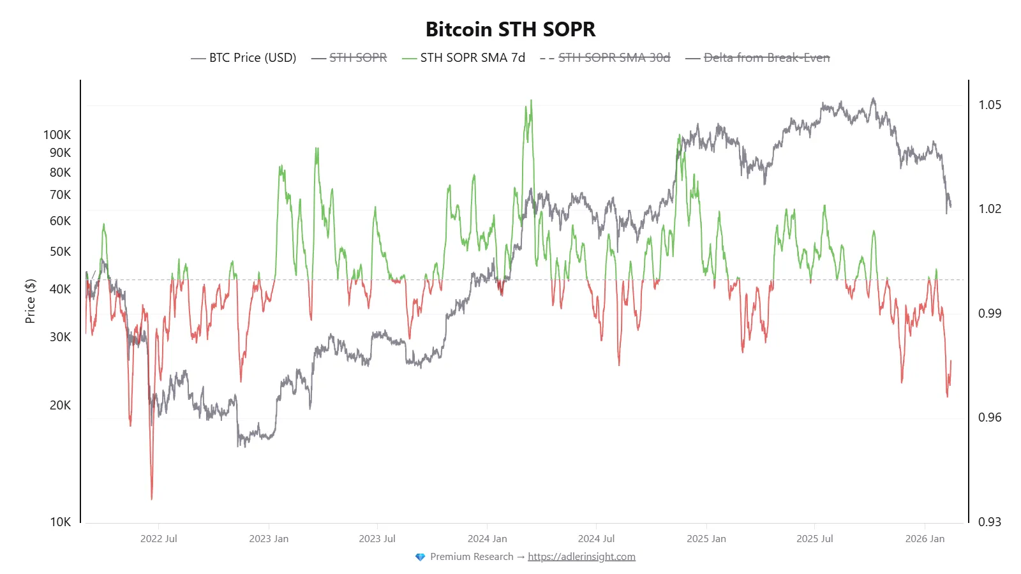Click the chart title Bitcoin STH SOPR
point(510,29)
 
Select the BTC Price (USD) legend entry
point(252,58)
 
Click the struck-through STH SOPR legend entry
point(358,58)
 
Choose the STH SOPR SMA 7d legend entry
point(472,58)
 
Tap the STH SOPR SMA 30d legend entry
point(614,58)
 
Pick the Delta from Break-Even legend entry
point(766,58)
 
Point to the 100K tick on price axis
point(57,135)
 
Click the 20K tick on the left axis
point(60,405)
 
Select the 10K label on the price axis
point(60,522)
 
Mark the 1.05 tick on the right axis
point(990,105)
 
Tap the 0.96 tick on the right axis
point(990,417)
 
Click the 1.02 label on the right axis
point(990,209)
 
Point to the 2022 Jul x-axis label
point(159,538)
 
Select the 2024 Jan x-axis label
point(487,538)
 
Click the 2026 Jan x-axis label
point(925,538)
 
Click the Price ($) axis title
point(30,301)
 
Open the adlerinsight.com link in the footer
point(581,556)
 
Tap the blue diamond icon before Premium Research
point(420,557)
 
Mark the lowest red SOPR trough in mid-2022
point(152,497)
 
